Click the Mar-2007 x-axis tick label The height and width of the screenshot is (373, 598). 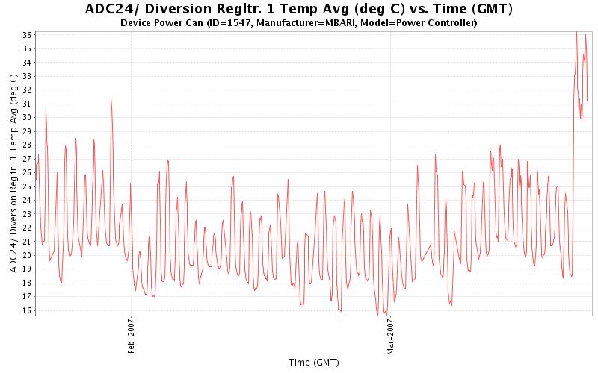[390, 338]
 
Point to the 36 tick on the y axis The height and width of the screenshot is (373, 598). [26, 35]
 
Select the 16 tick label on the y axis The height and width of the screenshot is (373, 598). [26, 310]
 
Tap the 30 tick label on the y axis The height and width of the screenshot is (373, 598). [26, 117]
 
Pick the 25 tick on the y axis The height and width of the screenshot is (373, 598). [26, 186]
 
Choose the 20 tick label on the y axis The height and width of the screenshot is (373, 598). [26, 255]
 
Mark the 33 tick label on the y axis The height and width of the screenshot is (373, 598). [26, 76]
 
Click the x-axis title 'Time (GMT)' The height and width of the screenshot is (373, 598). [313, 362]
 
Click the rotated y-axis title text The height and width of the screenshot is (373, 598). [13, 173]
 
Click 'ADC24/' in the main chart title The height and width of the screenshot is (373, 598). [111, 9]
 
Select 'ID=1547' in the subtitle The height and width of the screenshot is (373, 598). [238, 23]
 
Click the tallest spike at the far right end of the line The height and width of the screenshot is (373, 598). [576, 34]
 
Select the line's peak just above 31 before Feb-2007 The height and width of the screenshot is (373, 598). [111, 100]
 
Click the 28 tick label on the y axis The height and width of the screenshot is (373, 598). [26, 145]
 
